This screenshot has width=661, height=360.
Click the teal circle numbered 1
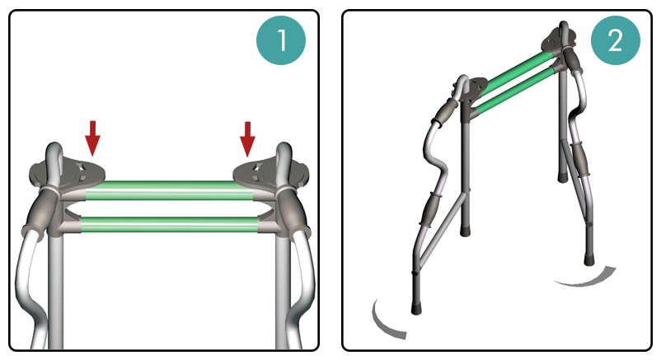point(281,40)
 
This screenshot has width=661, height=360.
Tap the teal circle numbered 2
point(616,40)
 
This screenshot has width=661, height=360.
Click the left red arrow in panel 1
point(93,138)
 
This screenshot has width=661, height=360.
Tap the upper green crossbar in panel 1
point(170,190)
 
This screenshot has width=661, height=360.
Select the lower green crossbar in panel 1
point(169,224)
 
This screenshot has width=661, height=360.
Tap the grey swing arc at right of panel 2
point(585,278)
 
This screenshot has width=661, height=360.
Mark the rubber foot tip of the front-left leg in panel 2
point(416,308)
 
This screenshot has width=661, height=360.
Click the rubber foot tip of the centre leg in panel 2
point(465,230)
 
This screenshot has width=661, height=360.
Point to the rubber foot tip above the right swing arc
point(588,259)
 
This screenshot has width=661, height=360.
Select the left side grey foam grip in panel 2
point(431,208)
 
